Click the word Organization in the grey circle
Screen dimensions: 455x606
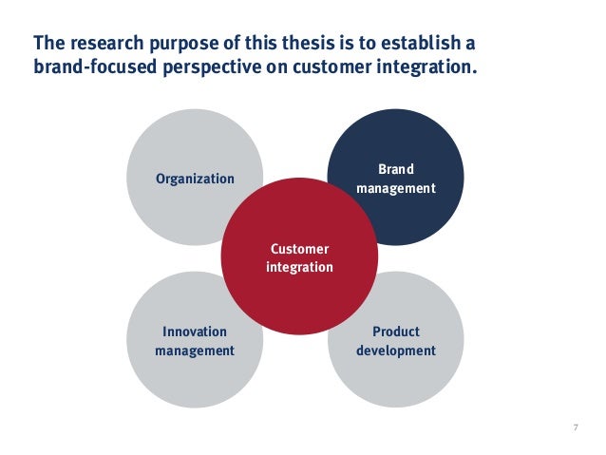[195, 179]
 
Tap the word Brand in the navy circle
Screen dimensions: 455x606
[396, 170]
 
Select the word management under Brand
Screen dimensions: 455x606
[396, 188]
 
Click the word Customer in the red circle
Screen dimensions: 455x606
[299, 249]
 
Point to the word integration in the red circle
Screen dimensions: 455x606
[299, 267]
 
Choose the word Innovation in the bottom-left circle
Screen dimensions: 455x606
[195, 332]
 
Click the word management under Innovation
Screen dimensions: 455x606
[195, 351]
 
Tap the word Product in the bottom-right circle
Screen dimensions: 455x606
[396, 332]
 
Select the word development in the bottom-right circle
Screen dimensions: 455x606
[396, 351]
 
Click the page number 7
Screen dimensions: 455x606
[576, 427]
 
